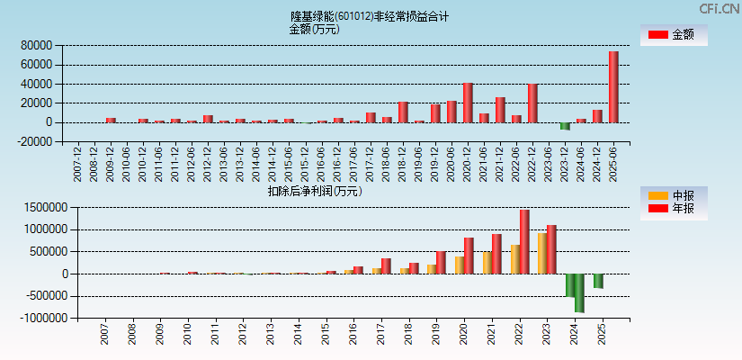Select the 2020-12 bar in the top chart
[468, 103]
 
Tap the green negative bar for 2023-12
[565, 126]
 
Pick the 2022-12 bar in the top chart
[532, 103]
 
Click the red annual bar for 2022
[524, 241]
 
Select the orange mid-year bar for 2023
[542, 253]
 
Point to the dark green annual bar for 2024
[579, 292]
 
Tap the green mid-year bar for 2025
[598, 281]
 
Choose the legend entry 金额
[674, 34]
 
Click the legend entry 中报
[674, 195]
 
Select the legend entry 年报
[674, 209]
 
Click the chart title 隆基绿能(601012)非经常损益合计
[370, 16]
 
